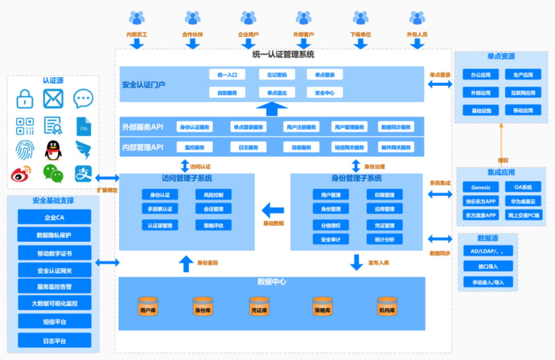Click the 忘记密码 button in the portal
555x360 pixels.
click(x=277, y=75)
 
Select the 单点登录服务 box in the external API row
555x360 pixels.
click(x=248, y=127)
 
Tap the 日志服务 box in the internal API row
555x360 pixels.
click(x=248, y=147)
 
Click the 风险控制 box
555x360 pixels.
click(x=213, y=195)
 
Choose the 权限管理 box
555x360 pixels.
click(x=384, y=195)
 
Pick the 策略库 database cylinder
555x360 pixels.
click(x=323, y=307)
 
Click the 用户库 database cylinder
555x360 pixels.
click(x=148, y=307)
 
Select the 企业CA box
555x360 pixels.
click(x=54, y=217)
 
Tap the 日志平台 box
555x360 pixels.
click(x=54, y=340)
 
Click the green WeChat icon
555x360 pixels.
click(x=53, y=174)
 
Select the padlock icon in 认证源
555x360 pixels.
click(x=25, y=98)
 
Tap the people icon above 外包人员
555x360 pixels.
click(x=417, y=18)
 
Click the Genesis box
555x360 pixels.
click(x=480, y=187)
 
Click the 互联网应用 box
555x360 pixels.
click(x=523, y=93)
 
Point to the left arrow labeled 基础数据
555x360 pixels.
click(x=273, y=210)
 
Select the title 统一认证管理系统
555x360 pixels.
click(x=283, y=54)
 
